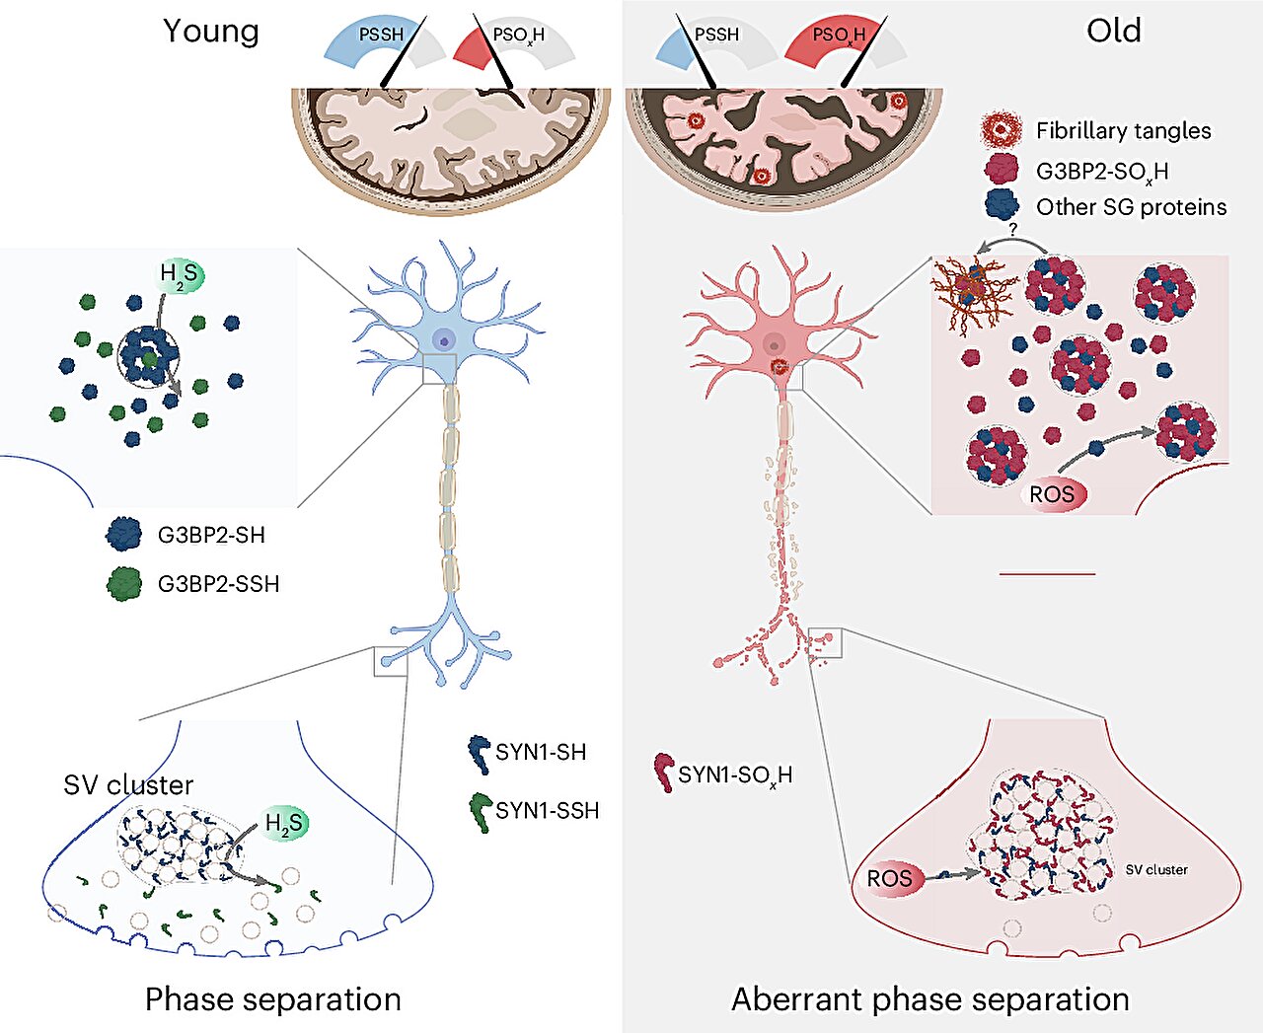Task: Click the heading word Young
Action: point(211,32)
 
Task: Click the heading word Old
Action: point(1114,30)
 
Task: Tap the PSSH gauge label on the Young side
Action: point(381,35)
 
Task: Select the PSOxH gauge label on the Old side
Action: point(839,36)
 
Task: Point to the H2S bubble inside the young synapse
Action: point(284,824)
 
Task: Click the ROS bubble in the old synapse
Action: point(890,878)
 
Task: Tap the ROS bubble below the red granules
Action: point(1052,494)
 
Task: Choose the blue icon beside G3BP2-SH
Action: point(124,534)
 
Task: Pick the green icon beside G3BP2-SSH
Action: point(124,584)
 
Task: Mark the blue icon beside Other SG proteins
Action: point(1002,204)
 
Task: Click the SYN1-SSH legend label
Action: point(548,810)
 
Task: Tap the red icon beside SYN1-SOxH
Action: point(665,773)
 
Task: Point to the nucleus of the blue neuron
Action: point(444,341)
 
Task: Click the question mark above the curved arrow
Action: point(1012,229)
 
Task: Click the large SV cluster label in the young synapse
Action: point(128,785)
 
